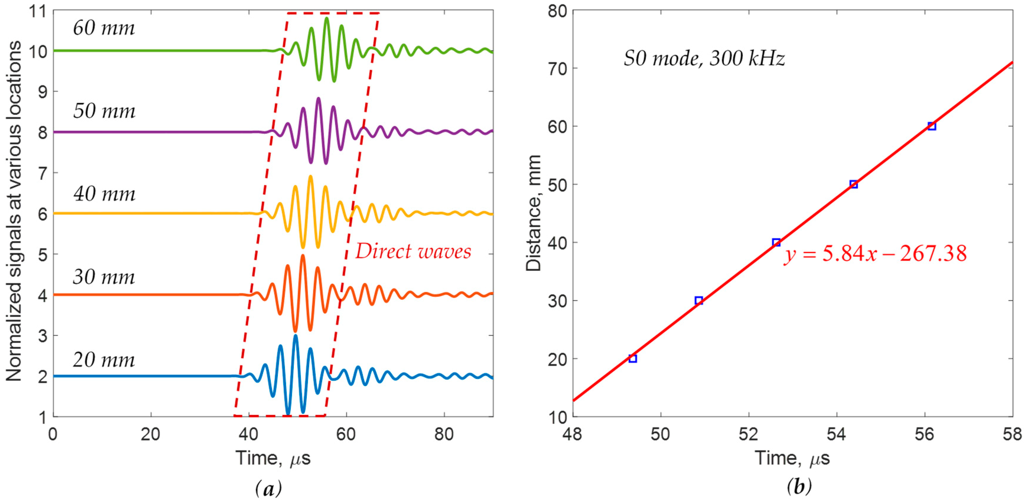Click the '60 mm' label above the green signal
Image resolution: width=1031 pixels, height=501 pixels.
coord(104,28)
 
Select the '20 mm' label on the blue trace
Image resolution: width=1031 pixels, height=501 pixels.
coord(104,359)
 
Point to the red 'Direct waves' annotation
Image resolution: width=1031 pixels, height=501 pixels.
coord(413,251)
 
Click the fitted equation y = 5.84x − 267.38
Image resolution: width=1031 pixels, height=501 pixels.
coord(875,253)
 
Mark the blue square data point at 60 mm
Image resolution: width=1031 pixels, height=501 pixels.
coord(932,126)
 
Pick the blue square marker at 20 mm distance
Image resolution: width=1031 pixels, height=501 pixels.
coord(632,358)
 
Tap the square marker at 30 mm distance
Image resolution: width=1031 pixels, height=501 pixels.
coord(699,300)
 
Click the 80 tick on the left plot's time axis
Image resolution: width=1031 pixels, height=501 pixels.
coord(444,434)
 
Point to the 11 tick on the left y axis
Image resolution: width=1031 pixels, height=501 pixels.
coord(38,11)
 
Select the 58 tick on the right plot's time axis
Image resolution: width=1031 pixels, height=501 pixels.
coord(1012,434)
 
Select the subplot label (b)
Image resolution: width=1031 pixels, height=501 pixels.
coord(799,487)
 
